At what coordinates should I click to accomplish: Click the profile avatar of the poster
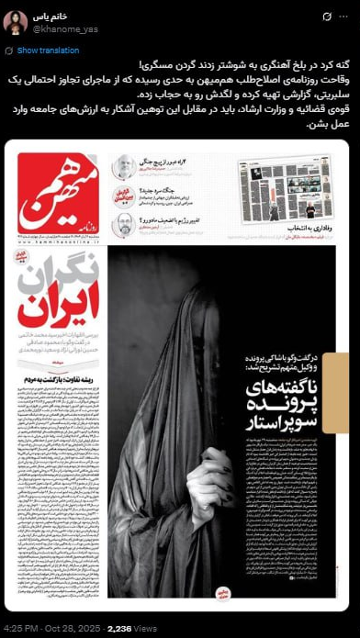click(x=16, y=24)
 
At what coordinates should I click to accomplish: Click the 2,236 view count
click(x=120, y=629)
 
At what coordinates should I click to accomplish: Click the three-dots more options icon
click(x=344, y=17)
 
